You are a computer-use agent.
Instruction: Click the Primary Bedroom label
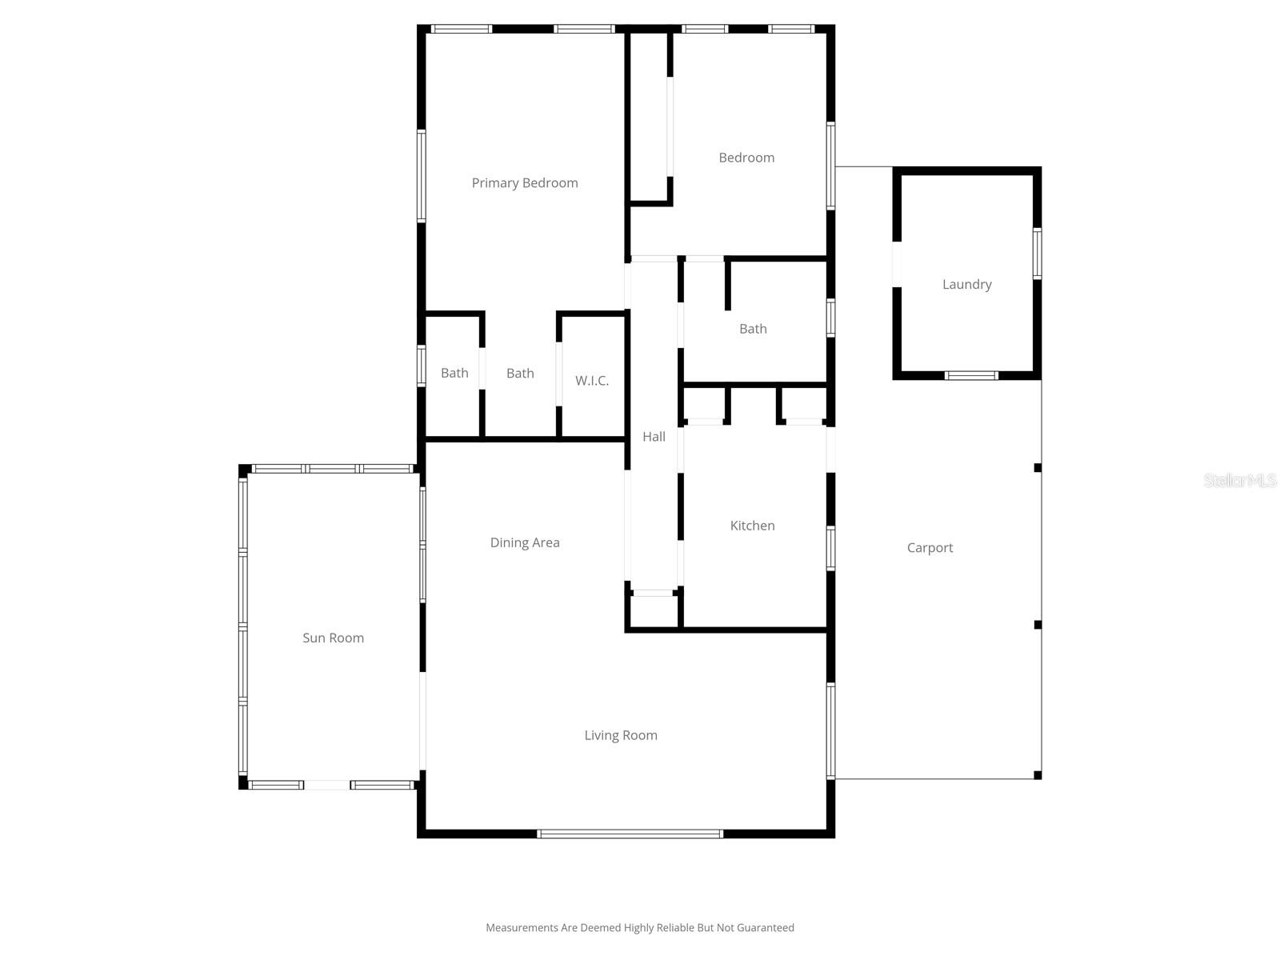(525, 183)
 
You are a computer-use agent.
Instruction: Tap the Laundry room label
(966, 284)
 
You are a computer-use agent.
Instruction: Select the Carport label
(930, 548)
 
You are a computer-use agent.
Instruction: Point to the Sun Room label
(333, 638)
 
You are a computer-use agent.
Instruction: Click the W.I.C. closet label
(592, 381)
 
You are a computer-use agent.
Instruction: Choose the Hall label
(654, 437)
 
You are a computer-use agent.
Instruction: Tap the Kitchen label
(752, 526)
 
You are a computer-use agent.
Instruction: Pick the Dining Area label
(525, 542)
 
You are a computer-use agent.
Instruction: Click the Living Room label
(621, 735)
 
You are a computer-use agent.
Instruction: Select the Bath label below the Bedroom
(753, 329)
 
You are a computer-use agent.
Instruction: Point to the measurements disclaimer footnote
(640, 928)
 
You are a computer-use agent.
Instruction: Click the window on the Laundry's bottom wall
(971, 375)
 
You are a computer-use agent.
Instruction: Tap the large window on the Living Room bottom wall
(630, 834)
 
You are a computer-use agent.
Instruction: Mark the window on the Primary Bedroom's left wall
(422, 175)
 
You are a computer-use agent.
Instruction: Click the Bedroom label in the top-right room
(746, 158)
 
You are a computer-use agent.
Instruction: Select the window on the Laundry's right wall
(1037, 254)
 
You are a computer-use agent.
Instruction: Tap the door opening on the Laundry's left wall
(897, 264)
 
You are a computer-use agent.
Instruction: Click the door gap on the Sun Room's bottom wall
(327, 786)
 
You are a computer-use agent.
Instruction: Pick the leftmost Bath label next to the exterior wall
(454, 373)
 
